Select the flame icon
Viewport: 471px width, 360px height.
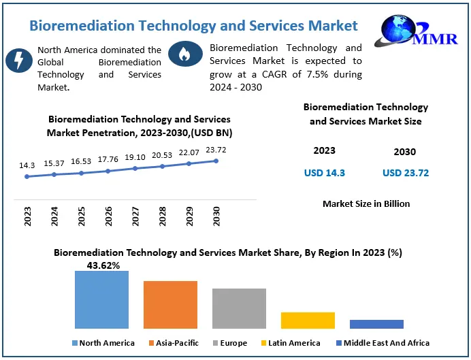point(182,54)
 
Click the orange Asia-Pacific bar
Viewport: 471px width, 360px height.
point(170,304)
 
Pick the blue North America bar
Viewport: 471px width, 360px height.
point(101,299)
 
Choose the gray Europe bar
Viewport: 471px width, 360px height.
point(239,308)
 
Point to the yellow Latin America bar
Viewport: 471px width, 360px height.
point(308,320)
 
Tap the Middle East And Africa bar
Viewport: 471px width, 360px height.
point(376,324)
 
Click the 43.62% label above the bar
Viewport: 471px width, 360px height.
point(103,265)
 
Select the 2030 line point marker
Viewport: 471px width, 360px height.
point(216,161)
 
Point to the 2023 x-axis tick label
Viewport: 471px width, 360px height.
point(28,216)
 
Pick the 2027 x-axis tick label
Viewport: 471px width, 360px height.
point(135,216)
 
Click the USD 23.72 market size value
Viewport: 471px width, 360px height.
point(406,173)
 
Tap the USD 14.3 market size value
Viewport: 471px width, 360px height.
point(324,173)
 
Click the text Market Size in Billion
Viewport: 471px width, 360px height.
point(366,203)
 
